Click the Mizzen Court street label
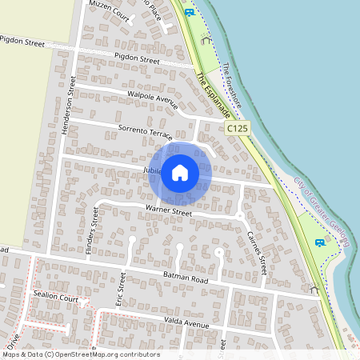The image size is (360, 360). [109, 10]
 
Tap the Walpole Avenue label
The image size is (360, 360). [151, 99]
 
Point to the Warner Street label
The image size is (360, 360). [168, 212]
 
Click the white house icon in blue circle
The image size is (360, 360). [180, 172]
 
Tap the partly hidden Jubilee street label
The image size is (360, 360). [154, 170]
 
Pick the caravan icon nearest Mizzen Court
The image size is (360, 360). [189, 13]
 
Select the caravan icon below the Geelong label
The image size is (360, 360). [320, 242]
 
